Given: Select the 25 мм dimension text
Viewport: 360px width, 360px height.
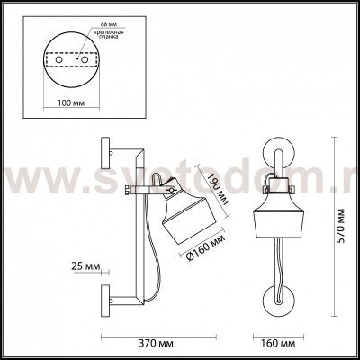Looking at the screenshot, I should (82, 267).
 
